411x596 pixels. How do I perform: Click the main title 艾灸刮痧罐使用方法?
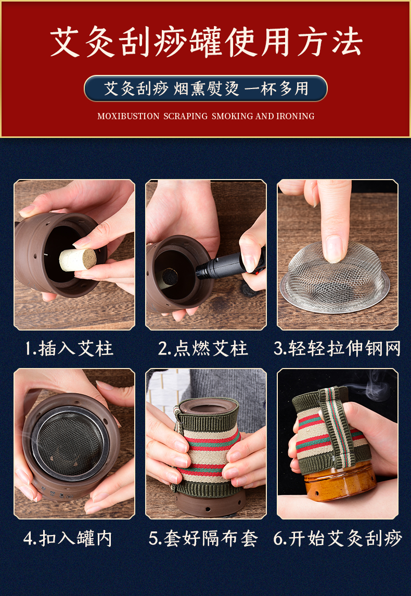pos(205,43)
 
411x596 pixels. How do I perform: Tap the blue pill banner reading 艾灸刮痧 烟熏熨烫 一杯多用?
pos(205,88)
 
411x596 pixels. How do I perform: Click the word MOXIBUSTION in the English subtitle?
pos(128,116)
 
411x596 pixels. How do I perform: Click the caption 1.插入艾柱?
pos(69,349)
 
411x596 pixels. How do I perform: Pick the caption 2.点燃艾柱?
pos(203,349)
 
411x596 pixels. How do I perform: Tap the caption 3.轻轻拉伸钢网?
pos(337,349)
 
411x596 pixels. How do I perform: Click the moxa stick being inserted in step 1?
pos(77,259)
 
